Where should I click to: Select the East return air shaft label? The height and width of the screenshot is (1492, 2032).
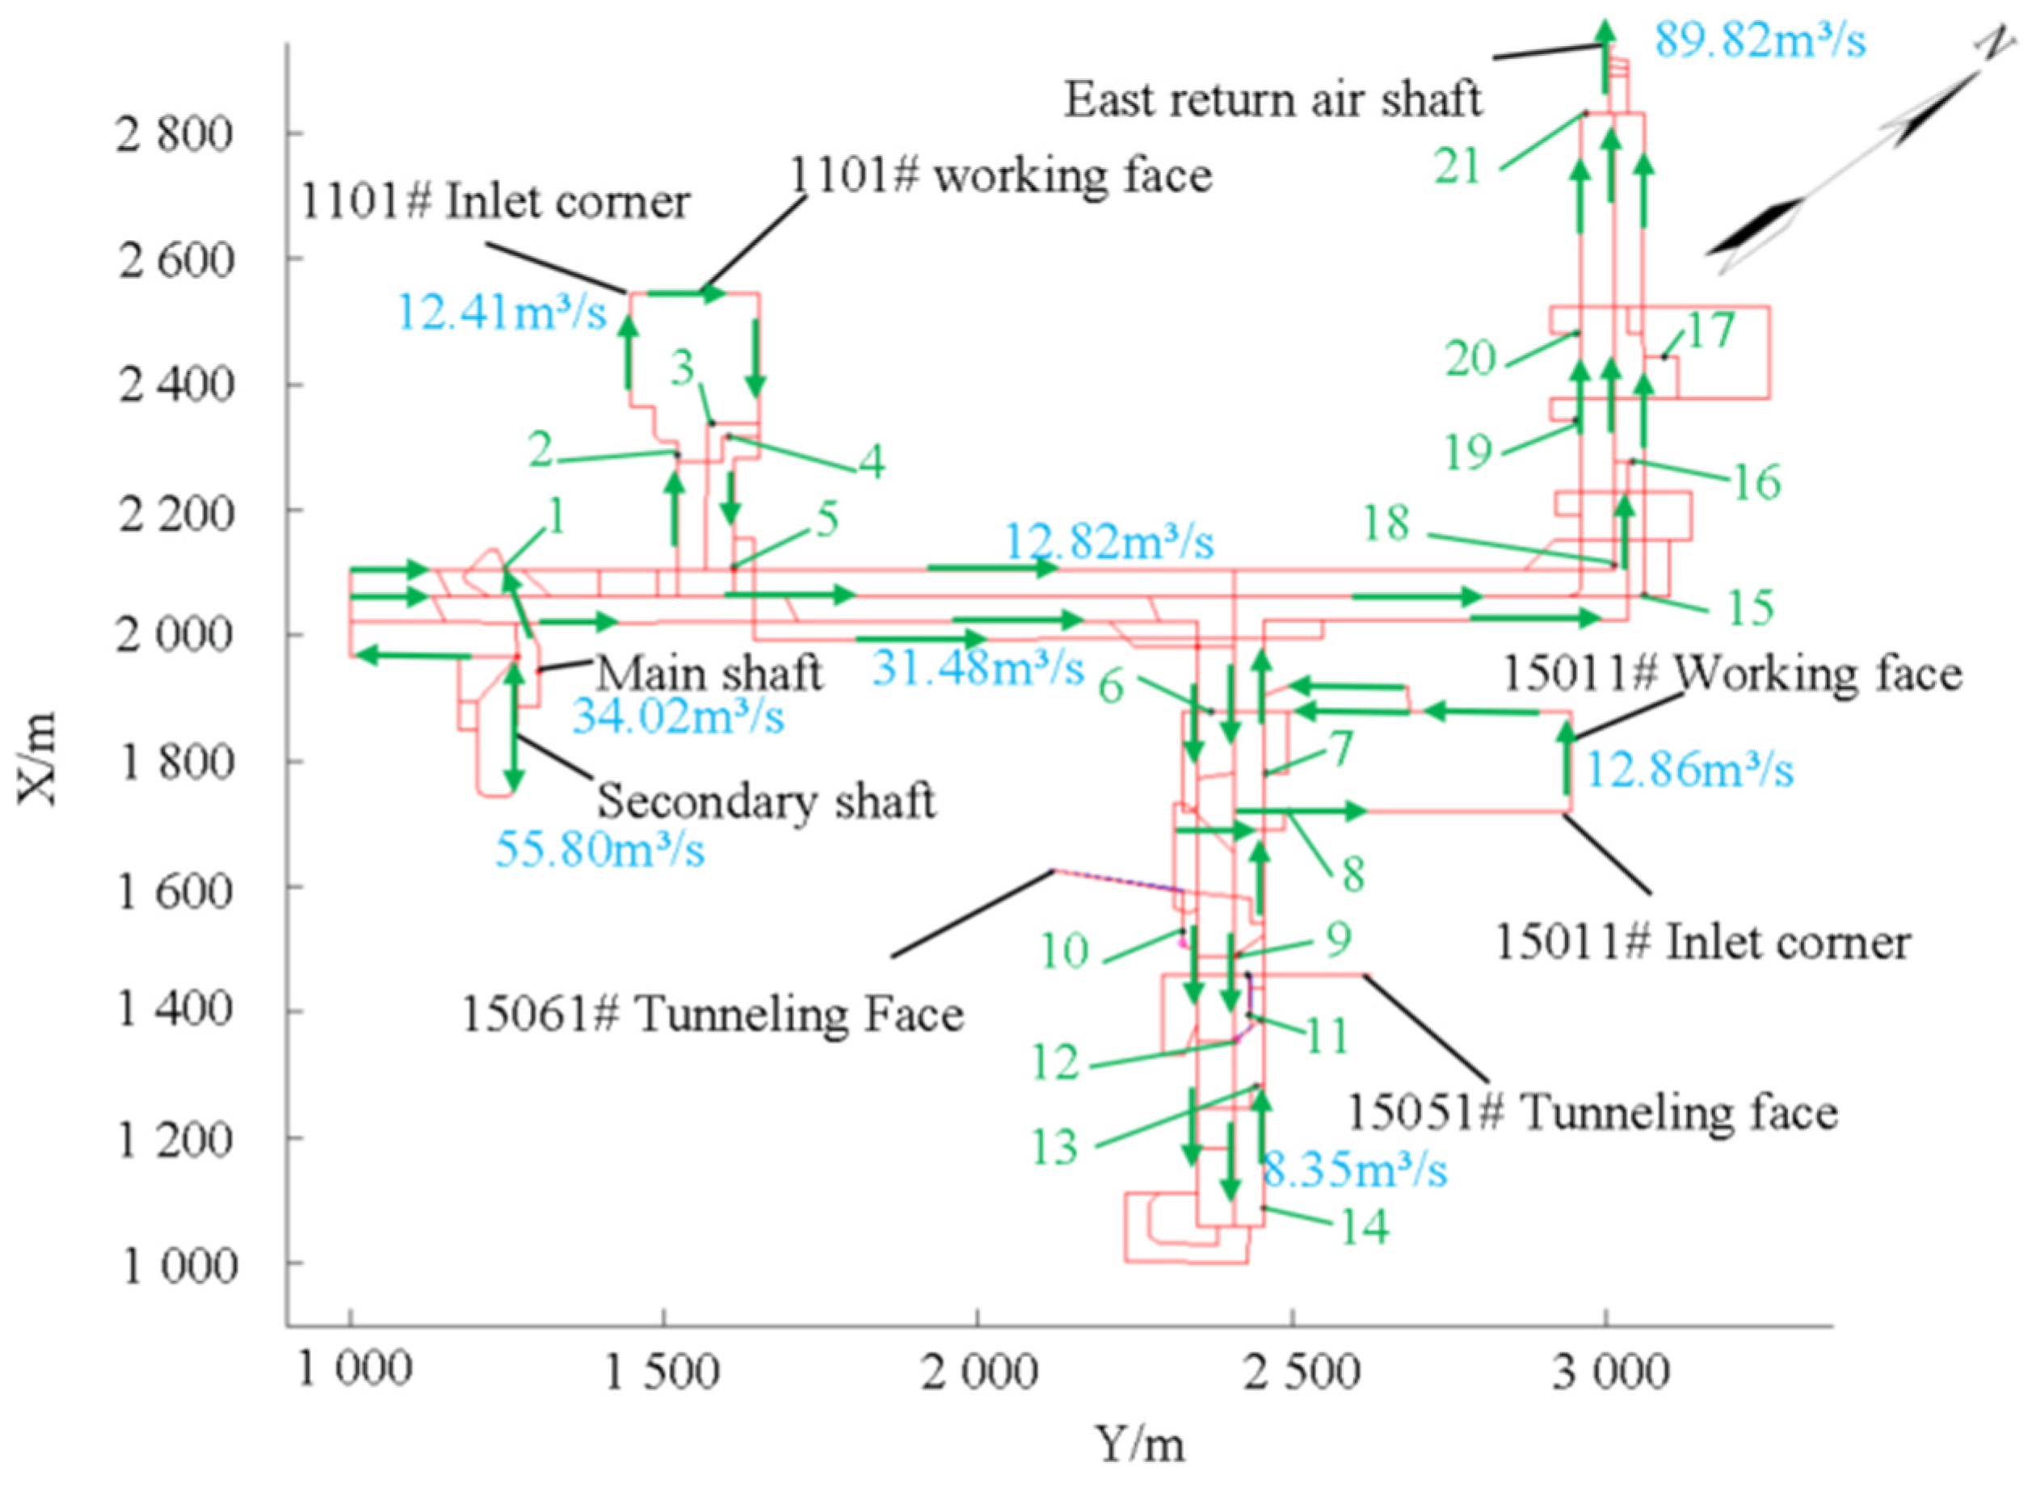pos(1273,99)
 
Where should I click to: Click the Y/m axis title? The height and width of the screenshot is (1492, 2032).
pos(1140,1444)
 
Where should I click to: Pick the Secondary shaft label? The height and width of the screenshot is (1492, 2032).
pos(766,802)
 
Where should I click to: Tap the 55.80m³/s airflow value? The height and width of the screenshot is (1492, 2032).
pos(600,850)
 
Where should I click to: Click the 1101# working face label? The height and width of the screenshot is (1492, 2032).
pos(1000,175)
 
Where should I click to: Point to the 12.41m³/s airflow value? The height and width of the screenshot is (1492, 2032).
pos(502,315)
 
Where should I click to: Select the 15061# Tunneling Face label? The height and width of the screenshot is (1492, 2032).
pos(713,1015)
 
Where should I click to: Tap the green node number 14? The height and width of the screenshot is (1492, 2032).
pos(1364,1226)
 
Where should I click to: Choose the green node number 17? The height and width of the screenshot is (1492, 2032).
pos(1710,331)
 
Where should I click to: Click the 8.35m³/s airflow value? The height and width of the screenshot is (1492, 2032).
pos(1355,1170)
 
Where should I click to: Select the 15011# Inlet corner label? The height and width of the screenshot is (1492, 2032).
pos(1702,943)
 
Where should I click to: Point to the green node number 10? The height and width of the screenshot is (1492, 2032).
pos(1065,951)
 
